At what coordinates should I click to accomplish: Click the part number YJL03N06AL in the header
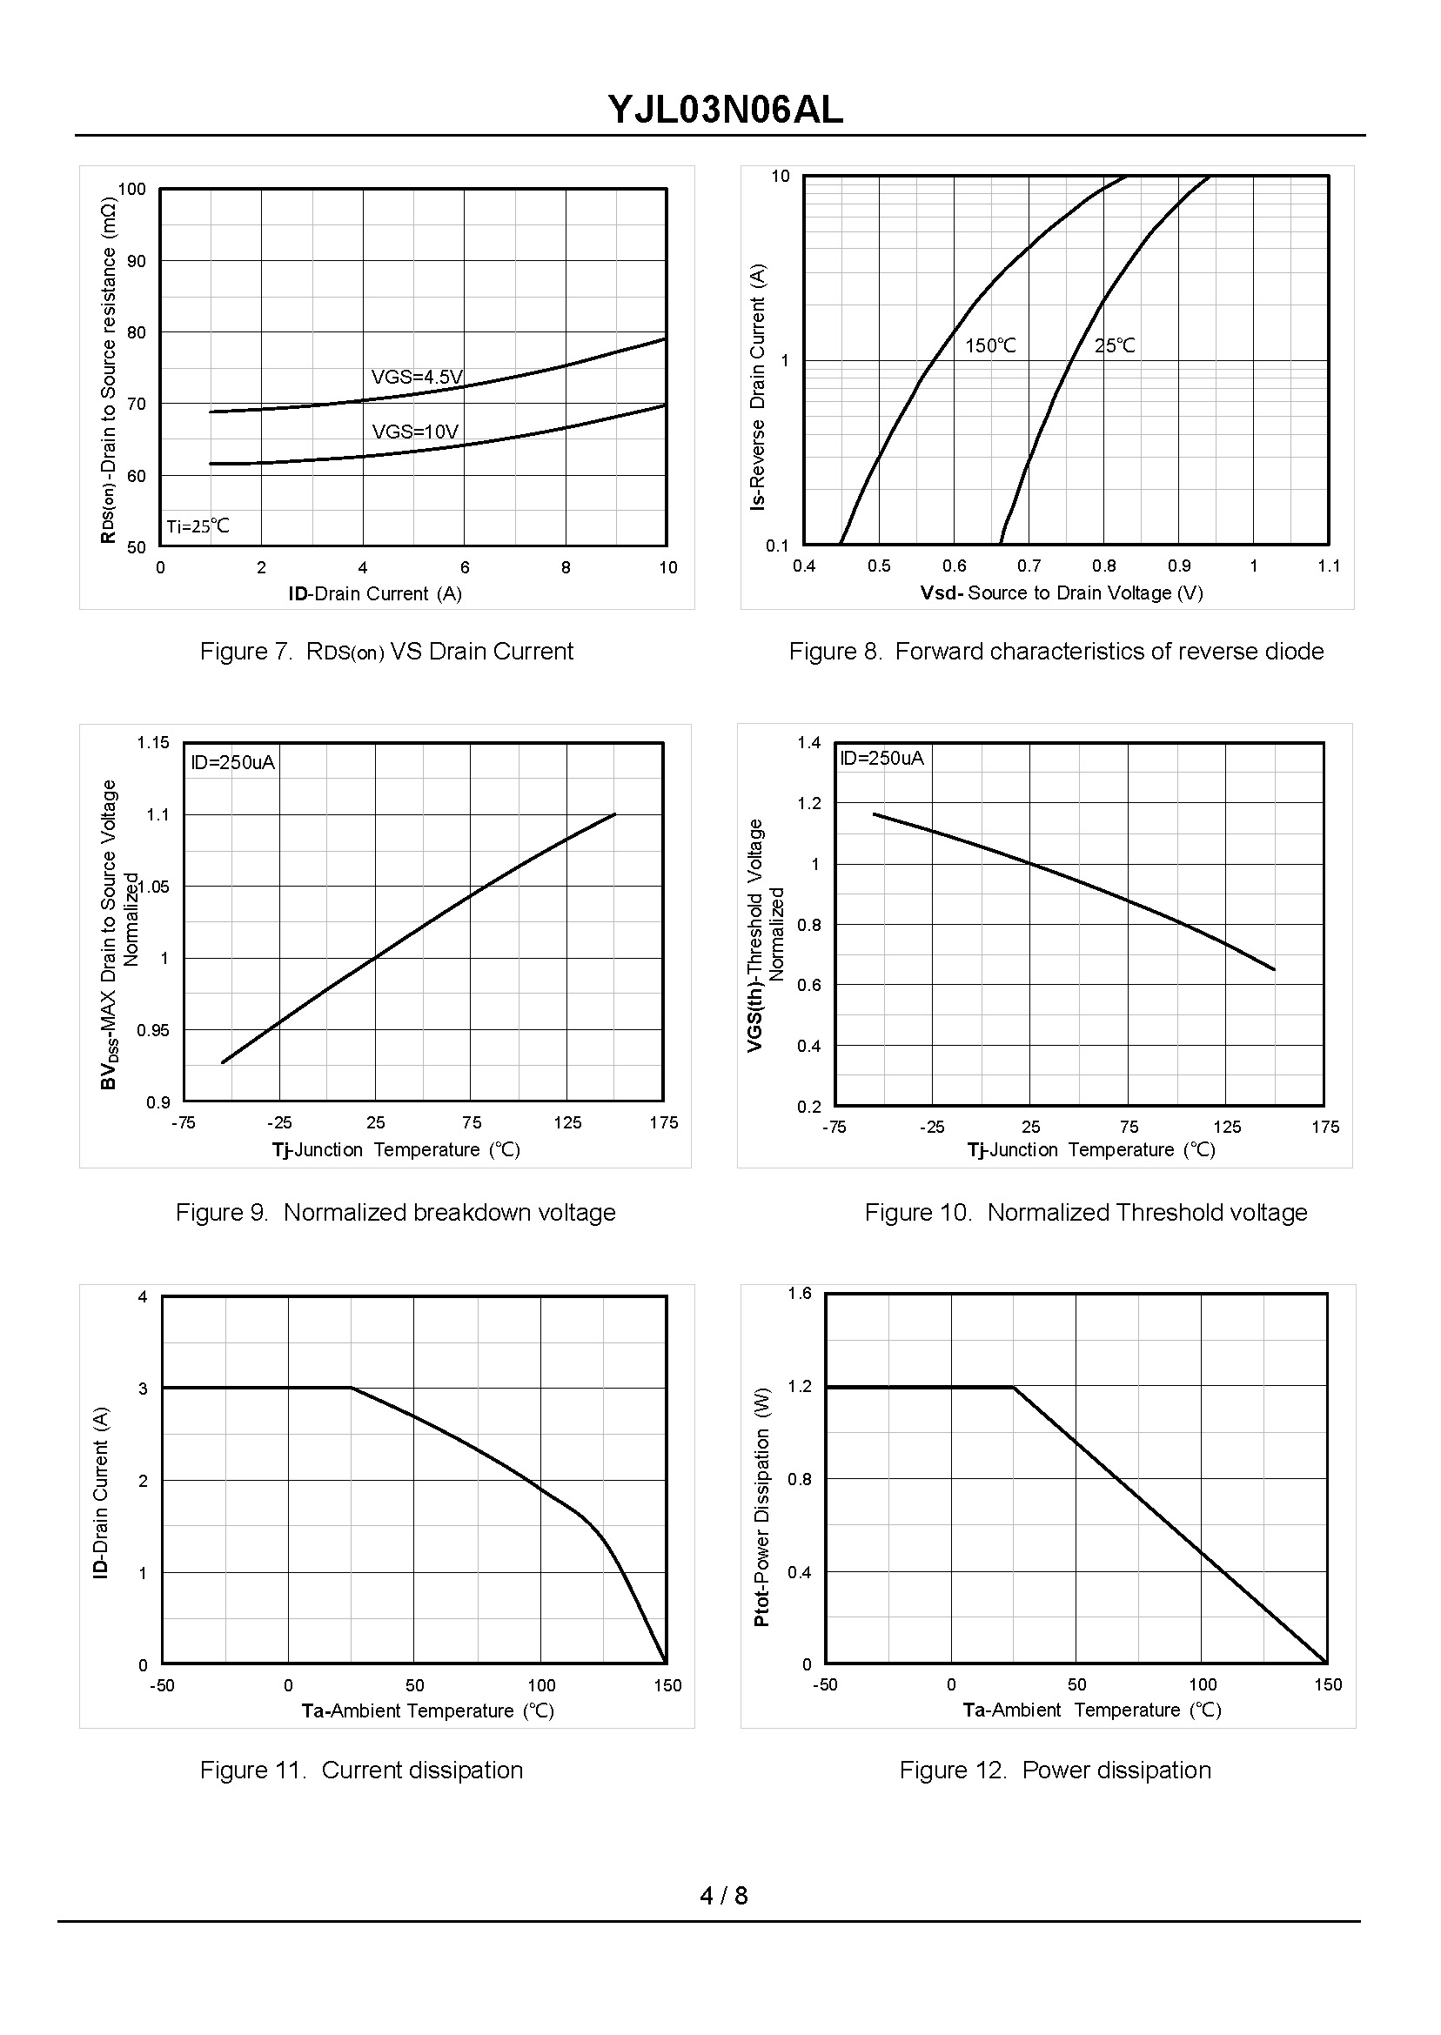point(725,110)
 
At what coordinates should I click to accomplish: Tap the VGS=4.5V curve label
point(417,377)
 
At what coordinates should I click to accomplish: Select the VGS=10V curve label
point(415,432)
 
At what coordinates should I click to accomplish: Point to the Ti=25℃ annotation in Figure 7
point(198,526)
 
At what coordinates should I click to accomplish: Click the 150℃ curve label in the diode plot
point(990,346)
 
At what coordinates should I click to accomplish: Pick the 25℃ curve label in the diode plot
point(1115,345)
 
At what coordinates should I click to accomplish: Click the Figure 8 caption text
point(1056,651)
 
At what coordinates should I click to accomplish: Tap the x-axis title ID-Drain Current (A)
point(374,593)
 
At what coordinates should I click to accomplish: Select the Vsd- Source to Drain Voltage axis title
point(1062,592)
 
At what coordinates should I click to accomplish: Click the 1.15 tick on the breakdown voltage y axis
point(152,742)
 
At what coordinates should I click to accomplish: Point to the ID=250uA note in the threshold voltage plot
point(881,758)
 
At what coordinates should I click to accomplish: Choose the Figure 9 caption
point(395,1212)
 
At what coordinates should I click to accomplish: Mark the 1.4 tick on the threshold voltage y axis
point(808,742)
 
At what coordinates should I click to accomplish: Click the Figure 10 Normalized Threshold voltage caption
point(1086,1212)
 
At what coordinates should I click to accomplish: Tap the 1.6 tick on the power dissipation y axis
point(800,1293)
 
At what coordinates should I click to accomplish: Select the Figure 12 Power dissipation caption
point(1055,1770)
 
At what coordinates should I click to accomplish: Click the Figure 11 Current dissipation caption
point(361,1770)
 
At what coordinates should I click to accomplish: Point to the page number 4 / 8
point(723,1896)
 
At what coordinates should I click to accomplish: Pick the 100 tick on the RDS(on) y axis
point(131,189)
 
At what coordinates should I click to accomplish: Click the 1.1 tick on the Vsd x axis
point(1328,566)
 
